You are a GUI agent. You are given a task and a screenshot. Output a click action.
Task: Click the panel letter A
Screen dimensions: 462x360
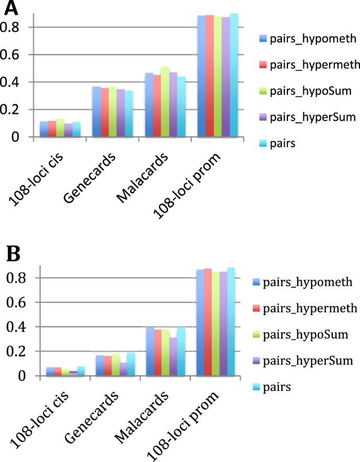pyautogui.click(x=12, y=8)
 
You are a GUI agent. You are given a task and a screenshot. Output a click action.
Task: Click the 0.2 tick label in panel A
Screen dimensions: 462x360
pyautogui.click(x=13, y=110)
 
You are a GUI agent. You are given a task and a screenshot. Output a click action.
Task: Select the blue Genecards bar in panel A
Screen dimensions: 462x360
pyautogui.click(x=97, y=112)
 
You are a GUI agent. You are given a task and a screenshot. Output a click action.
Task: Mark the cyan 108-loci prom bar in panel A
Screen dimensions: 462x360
pyautogui.click(x=234, y=75)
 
